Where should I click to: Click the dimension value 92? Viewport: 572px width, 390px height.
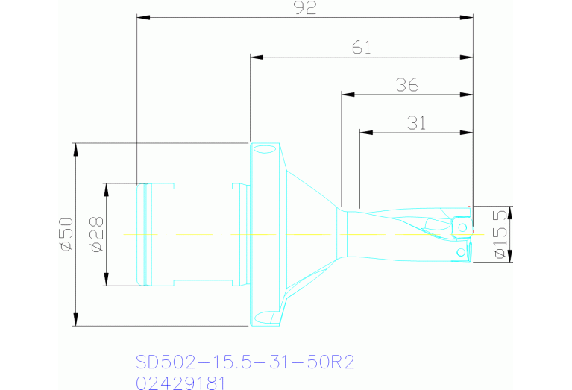306,7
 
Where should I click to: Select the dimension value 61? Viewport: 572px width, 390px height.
361,48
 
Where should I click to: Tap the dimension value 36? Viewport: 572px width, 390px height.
407,86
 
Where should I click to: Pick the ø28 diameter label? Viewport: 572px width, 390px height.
95,235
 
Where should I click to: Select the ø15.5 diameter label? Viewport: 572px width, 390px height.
500,235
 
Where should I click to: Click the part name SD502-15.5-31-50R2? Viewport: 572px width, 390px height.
245,362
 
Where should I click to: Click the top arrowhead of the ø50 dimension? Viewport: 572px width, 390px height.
75,148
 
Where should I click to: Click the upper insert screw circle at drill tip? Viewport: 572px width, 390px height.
463,227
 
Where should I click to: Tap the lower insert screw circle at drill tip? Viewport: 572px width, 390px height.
461,252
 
